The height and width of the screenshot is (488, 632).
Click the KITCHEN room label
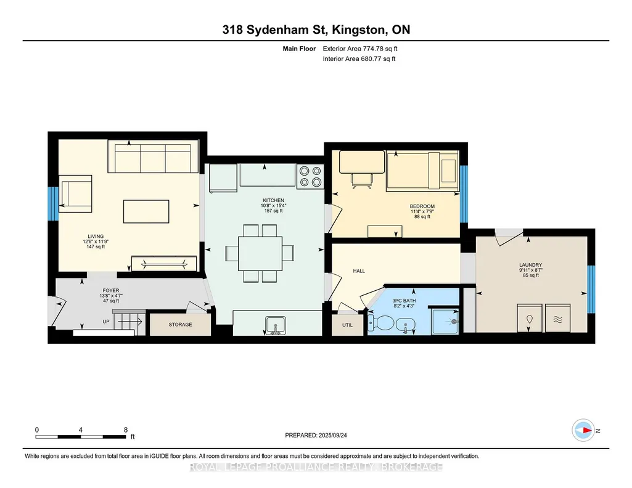[x=274, y=200]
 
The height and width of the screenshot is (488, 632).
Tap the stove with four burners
[x=310, y=176]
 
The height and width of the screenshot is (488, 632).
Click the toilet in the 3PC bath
[x=381, y=323]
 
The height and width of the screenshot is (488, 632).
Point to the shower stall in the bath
[x=445, y=321]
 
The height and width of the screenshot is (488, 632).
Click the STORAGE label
[x=180, y=325]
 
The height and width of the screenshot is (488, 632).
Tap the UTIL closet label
[x=347, y=325]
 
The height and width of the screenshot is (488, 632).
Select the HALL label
[x=359, y=271]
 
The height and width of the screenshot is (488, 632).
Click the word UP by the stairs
[x=106, y=322]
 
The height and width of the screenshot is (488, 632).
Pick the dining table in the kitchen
[x=260, y=253]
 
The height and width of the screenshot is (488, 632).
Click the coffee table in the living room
[x=146, y=211]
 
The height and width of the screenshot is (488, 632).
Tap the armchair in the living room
[x=75, y=193]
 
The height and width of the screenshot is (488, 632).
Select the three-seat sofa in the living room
[x=153, y=157]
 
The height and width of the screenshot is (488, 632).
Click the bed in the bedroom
[x=422, y=171]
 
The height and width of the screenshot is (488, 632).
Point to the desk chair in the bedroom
[x=361, y=181]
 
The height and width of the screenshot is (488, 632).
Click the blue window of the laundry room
[x=591, y=289]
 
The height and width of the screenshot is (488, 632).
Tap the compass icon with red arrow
[x=583, y=431]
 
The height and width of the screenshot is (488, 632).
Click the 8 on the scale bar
[x=126, y=429]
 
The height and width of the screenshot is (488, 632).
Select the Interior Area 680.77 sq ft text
[x=359, y=59]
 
